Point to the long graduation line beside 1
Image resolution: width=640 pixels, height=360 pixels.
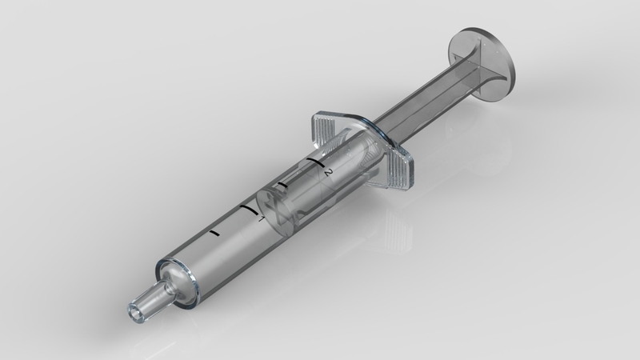[244, 210]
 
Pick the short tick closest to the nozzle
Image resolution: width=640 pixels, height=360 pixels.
[214, 234]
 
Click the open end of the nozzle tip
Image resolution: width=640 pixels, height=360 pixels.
[134, 310]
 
